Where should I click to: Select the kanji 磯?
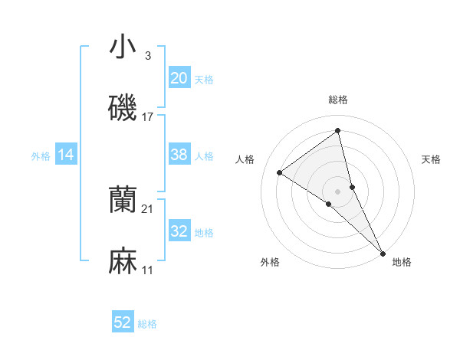pos(123,108)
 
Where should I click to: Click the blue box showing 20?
pos(179,77)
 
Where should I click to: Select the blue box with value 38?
pos(179,155)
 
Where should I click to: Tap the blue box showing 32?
pos(179,232)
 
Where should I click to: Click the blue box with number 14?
pos(66,155)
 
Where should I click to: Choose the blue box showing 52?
pos(123,322)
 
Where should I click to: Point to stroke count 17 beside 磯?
pos(148,117)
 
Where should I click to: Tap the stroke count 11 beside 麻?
pos(148,271)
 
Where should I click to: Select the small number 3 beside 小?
pos(148,55)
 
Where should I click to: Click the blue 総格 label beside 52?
pos(147,324)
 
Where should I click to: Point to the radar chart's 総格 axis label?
pos(338,100)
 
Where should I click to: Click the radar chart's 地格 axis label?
pos(402,263)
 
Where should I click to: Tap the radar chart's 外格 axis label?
pos(270,263)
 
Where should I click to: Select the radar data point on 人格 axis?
pos(280,172)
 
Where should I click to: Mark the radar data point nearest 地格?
pos(382,252)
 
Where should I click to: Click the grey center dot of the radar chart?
pos(338,191)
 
